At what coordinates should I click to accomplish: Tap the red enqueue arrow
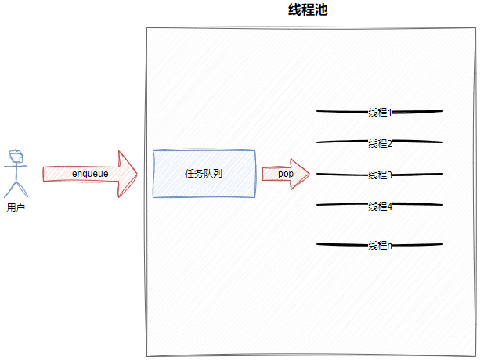click(89, 173)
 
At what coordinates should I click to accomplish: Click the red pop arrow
click(285, 174)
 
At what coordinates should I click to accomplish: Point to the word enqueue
click(89, 173)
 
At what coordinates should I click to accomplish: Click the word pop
click(285, 174)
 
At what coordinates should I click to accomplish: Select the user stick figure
click(14, 174)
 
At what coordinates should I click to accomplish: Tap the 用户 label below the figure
click(15, 208)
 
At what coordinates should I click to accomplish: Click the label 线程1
click(380, 112)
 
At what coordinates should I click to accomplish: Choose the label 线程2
click(380, 143)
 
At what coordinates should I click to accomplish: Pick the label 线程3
click(380, 175)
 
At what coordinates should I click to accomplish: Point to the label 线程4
click(380, 206)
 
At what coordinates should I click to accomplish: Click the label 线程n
click(380, 245)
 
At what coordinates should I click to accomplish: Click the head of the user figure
click(14, 157)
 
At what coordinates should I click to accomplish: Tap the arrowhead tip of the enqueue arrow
click(137, 173)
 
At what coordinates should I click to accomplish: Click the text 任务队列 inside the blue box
click(204, 173)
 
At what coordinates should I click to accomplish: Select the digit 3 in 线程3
click(389, 175)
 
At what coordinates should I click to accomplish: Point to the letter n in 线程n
click(389, 245)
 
